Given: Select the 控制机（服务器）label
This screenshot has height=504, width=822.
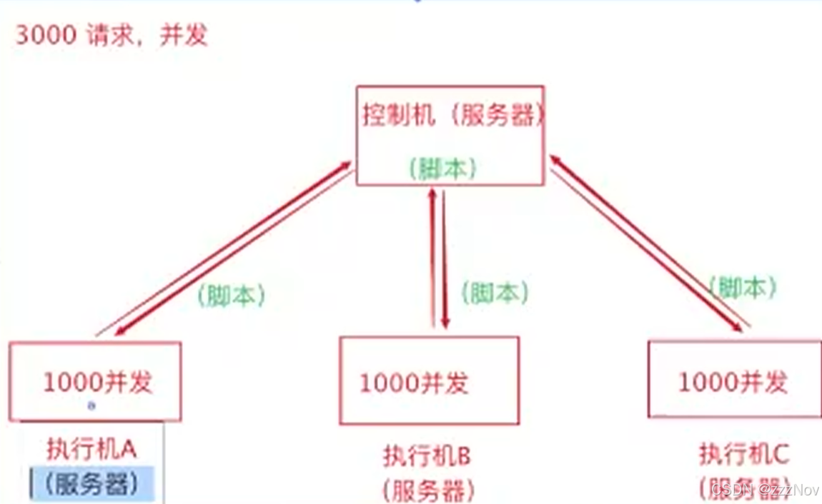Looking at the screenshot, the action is tap(452, 115).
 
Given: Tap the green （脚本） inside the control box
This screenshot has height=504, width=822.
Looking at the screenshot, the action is tap(443, 168).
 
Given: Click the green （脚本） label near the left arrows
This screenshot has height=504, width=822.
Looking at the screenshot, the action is tap(231, 296).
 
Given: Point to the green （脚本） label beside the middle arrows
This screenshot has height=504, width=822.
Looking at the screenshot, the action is tap(495, 292).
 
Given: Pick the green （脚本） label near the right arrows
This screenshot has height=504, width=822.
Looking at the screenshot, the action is tap(743, 287).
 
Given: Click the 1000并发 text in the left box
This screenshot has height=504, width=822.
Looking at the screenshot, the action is tap(98, 383).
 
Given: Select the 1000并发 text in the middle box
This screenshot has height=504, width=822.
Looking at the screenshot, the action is tap(413, 383).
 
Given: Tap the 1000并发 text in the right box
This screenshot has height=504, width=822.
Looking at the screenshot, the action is tap(732, 382).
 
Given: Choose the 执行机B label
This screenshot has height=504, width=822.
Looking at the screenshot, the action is tap(427, 455).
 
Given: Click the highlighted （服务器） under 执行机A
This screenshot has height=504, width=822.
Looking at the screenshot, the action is tap(91, 484).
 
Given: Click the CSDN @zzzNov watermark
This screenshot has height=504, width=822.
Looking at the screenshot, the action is tap(765, 490).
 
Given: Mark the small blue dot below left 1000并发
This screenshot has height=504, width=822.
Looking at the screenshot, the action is tap(91, 405).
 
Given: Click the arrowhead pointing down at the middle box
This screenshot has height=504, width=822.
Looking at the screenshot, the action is tap(445, 323).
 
